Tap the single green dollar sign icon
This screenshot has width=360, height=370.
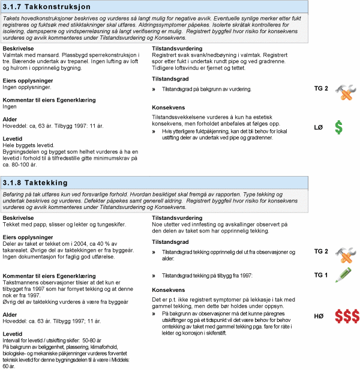[339, 127]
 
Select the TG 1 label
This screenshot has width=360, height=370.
[321, 275]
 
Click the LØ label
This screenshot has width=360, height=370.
[319, 127]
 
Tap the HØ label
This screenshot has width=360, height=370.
[319, 316]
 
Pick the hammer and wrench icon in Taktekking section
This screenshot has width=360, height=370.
[346, 252]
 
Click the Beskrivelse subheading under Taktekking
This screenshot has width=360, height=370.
[19, 217]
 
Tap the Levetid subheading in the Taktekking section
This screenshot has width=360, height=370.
[13, 333]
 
